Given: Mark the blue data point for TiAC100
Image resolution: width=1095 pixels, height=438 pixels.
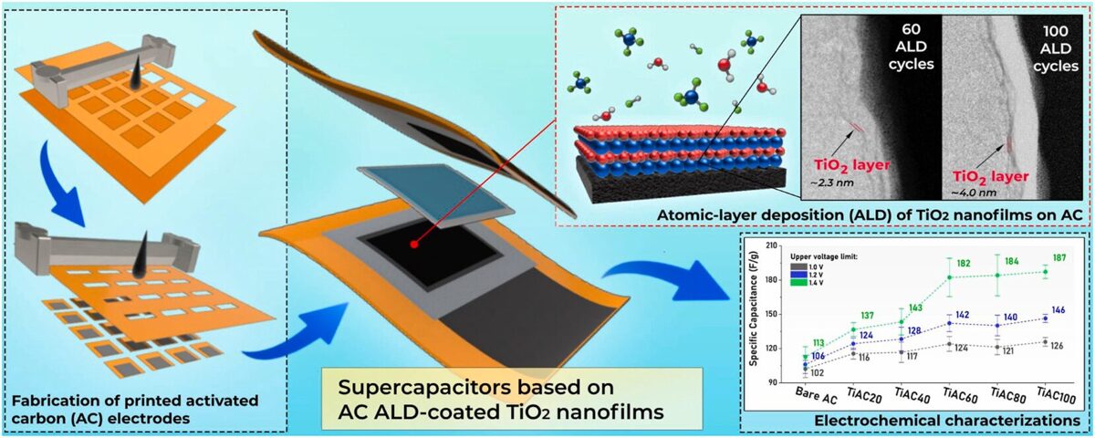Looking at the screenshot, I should pos(1045,318).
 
